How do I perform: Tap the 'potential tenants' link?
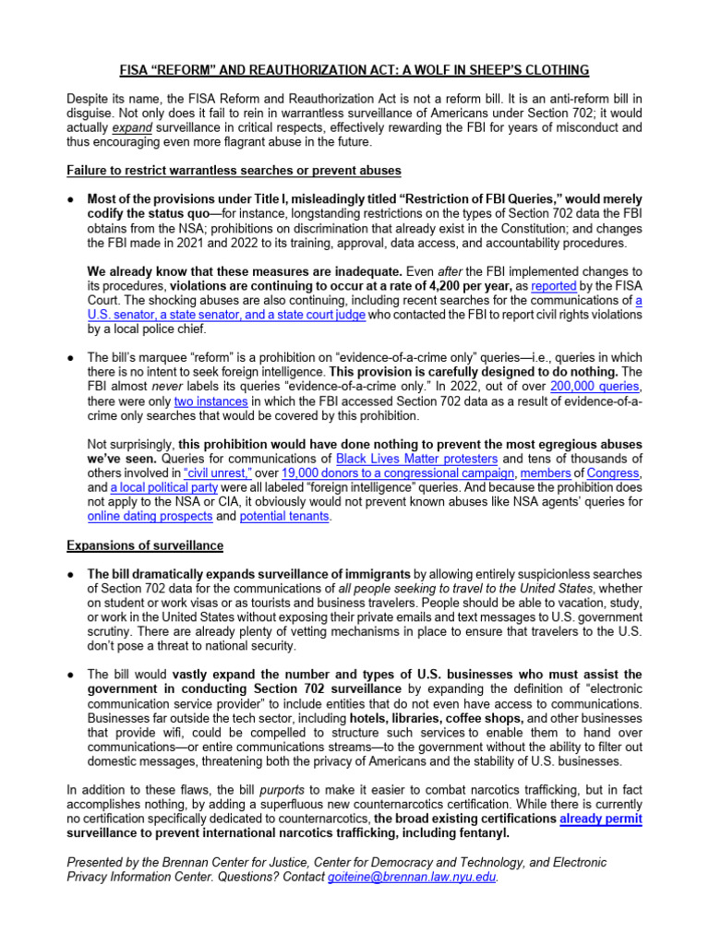pyautogui.click(x=283, y=517)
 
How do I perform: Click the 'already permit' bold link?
pyautogui.click(x=601, y=819)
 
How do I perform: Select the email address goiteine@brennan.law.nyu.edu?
pyautogui.click(x=412, y=878)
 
